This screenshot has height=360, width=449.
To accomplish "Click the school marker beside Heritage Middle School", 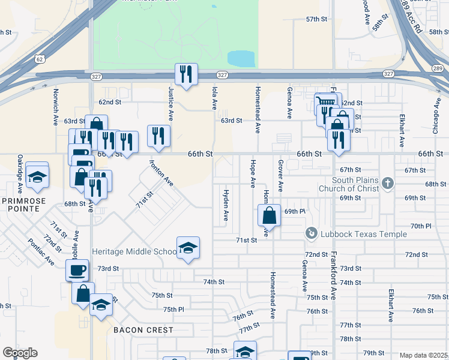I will point(188,248).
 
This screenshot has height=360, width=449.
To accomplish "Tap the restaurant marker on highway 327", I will point(185,75).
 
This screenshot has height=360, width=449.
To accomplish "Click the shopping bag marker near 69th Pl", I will point(270,216).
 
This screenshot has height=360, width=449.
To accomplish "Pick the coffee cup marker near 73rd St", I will point(77,271).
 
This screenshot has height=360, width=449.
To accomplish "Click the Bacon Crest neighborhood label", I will point(143,330).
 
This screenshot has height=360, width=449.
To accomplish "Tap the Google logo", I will point(20,353).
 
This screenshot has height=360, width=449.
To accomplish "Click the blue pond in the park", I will point(242,59).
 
